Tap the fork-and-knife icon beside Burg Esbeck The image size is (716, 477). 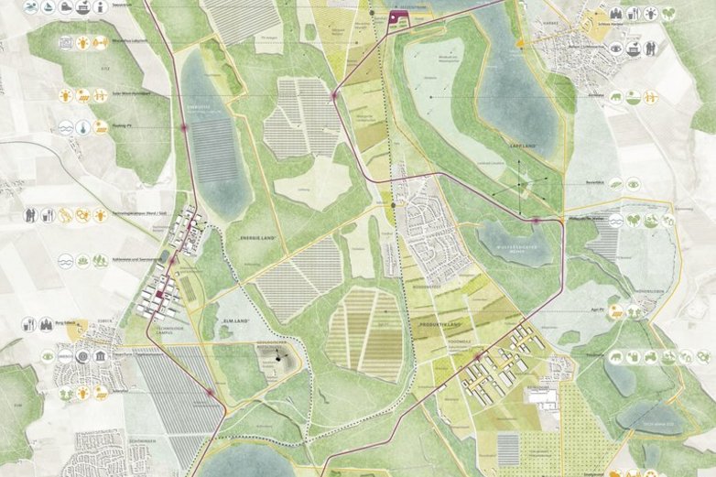coord(65,323)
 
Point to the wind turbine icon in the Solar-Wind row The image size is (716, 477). coord(85,94)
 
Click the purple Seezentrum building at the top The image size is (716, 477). coord(397,17)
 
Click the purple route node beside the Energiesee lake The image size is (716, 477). coord(182,128)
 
